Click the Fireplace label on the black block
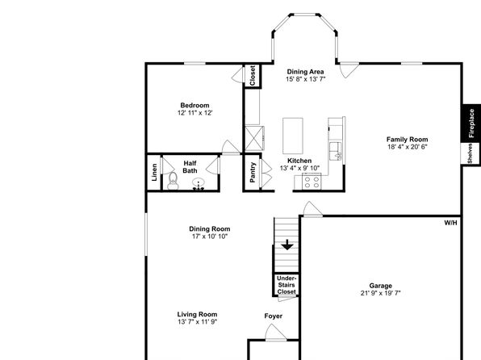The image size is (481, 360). click(x=471, y=123)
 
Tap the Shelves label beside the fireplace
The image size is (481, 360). click(x=470, y=153)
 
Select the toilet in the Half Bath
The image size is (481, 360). click(x=173, y=181)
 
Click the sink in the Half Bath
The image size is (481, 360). click(x=199, y=184)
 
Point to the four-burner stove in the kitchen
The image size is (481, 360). click(x=312, y=182)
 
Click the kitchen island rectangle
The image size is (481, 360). click(x=293, y=136)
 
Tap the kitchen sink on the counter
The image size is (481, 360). click(x=335, y=151)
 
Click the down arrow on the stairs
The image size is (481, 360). click(x=287, y=245)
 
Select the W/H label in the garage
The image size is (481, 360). click(x=450, y=223)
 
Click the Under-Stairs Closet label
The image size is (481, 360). click(x=287, y=285)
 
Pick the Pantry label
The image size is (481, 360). click(x=253, y=173)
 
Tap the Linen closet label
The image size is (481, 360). click(x=154, y=172)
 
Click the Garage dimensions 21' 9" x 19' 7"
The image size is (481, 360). click(x=380, y=293)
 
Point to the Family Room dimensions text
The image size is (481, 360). click(x=407, y=147)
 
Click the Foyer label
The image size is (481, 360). click(x=274, y=316)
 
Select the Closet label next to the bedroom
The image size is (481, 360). click(x=253, y=76)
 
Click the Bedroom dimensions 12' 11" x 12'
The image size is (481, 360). click(x=194, y=113)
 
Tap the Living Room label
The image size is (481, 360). click(x=197, y=314)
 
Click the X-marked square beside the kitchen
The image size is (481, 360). click(x=254, y=138)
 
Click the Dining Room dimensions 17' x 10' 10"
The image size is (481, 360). click(x=210, y=237)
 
